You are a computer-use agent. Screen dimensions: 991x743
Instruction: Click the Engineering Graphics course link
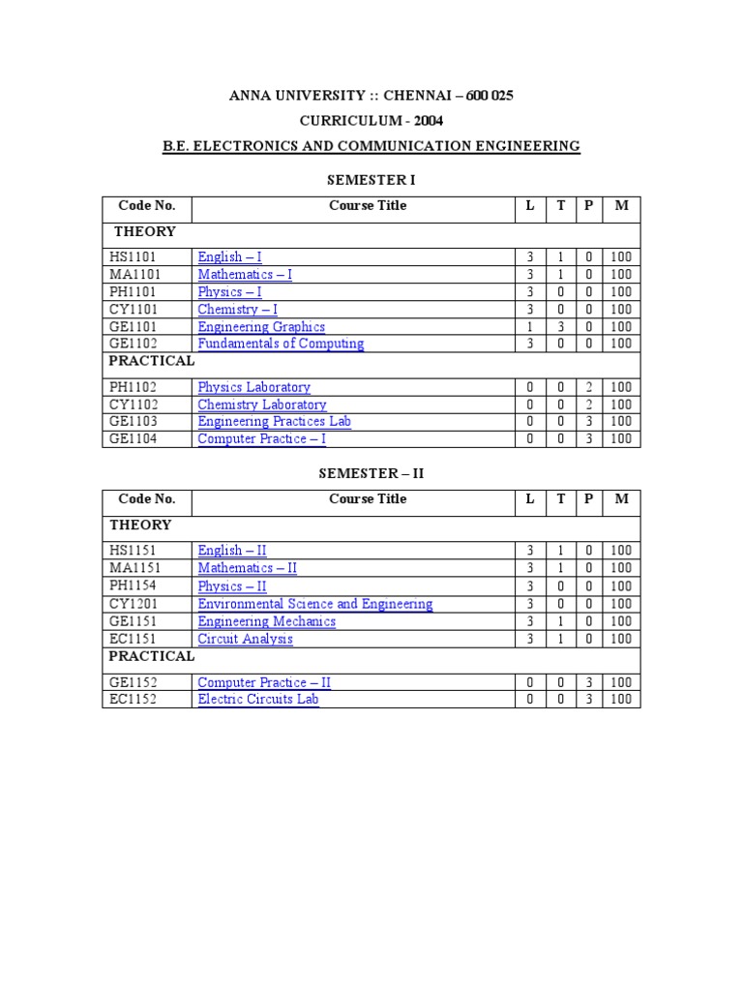261,327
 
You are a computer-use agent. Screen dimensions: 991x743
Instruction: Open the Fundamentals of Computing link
281,344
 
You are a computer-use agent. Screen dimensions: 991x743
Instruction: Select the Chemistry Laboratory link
262,405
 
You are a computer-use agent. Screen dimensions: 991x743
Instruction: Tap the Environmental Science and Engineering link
314,604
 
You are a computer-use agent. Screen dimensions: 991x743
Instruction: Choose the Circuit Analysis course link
245,639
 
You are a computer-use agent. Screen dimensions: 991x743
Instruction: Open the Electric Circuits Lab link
258,699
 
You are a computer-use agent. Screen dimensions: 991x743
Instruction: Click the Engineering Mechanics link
266,621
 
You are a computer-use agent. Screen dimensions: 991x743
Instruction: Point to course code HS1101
133,257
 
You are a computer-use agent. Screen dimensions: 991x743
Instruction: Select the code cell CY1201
133,604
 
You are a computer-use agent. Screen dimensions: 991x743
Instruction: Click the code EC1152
133,699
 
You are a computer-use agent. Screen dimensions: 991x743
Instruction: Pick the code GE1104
133,439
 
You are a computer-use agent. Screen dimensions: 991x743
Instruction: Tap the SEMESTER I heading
371,180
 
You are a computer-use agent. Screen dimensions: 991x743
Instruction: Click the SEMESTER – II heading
371,473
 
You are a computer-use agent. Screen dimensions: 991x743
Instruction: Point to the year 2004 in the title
429,120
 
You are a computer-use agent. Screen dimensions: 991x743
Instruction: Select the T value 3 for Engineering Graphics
560,327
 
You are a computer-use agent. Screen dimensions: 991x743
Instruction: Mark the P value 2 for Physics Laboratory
588,387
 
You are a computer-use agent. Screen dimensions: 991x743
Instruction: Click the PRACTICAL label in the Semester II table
152,656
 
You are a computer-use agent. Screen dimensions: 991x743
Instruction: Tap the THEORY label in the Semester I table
145,231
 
